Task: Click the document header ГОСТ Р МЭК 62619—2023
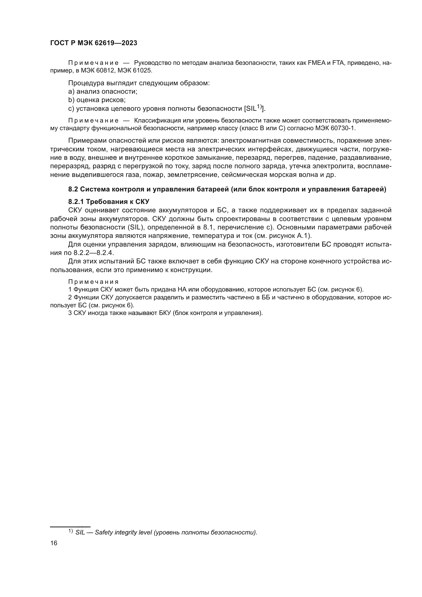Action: [94, 43]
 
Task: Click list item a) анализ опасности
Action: [103, 92]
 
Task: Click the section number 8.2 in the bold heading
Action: [73, 189]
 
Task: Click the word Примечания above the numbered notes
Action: [93, 282]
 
